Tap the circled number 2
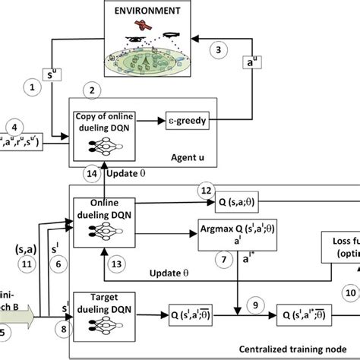(x=91, y=90)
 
